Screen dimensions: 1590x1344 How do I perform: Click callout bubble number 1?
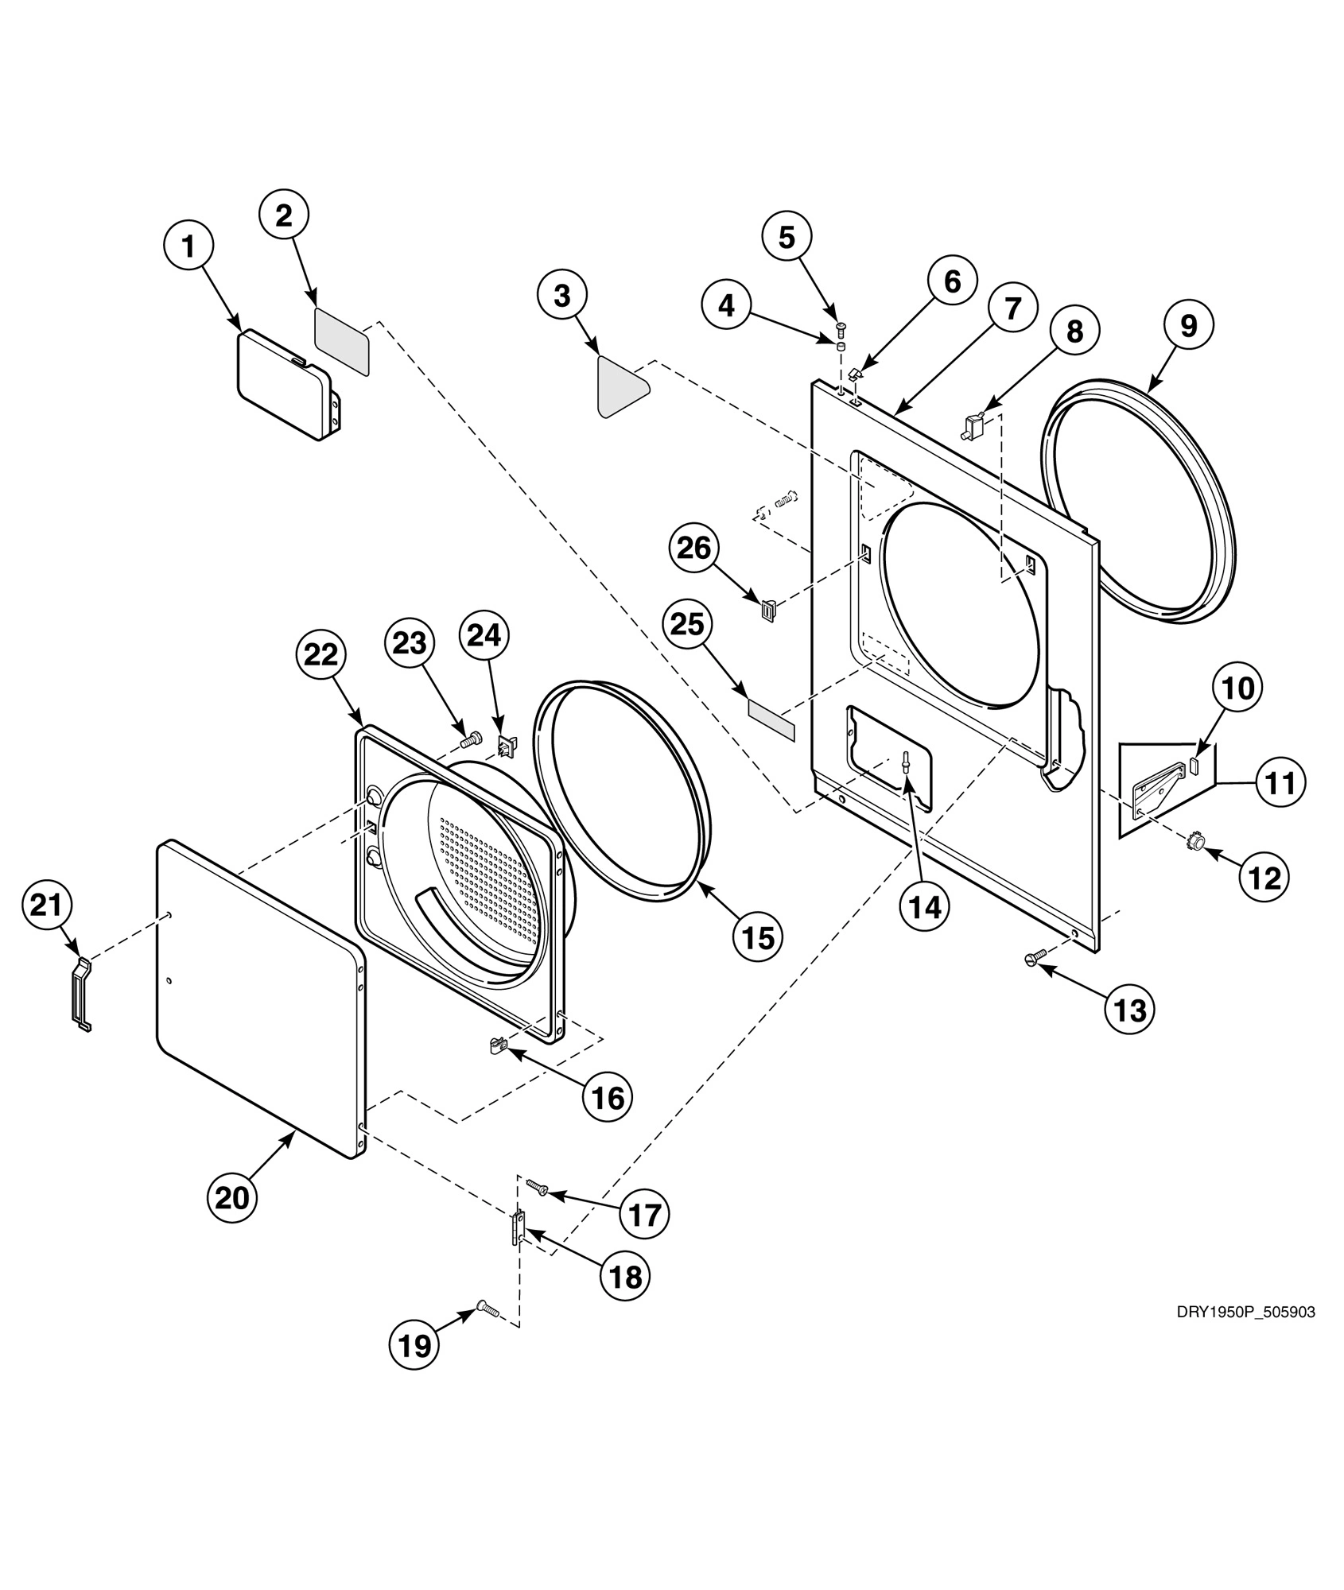[188, 246]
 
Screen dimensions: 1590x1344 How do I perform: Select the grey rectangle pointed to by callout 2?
[343, 341]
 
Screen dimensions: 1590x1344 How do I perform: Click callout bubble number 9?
[1188, 325]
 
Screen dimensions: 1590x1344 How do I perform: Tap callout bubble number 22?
[322, 654]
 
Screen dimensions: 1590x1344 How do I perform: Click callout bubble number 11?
[1282, 782]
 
